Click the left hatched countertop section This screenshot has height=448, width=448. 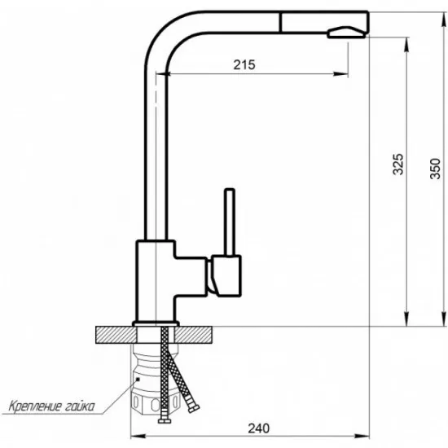[114, 334]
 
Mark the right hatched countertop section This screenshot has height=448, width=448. [200, 334]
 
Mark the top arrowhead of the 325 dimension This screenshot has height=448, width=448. [405, 41]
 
